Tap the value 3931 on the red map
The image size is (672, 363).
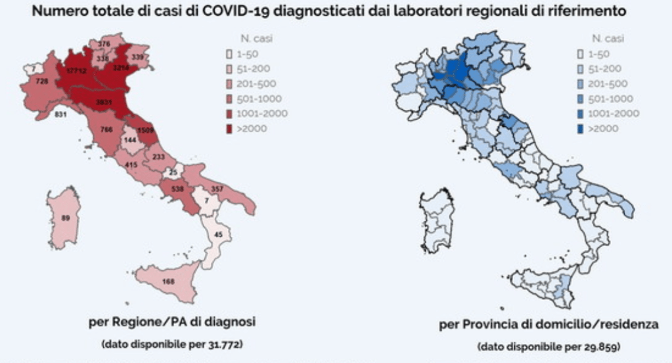pyautogui.click(x=103, y=103)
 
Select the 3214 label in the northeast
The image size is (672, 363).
pyautogui.click(x=122, y=68)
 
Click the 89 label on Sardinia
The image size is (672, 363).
pyautogui.click(x=64, y=218)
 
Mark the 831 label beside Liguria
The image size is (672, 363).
pyautogui.click(x=62, y=114)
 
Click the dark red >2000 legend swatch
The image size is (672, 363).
pyautogui.click(x=229, y=128)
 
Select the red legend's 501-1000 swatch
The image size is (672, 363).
pyautogui.click(x=229, y=99)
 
